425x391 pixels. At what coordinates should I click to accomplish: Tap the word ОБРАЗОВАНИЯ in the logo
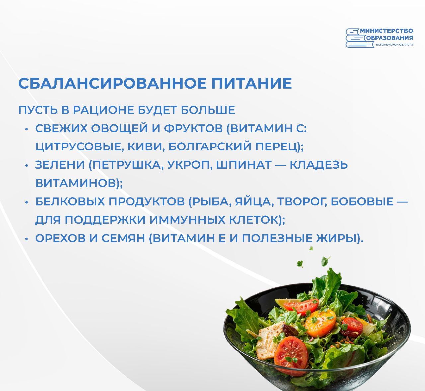(389, 38)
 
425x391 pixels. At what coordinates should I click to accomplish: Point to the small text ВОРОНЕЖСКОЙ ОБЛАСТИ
(394, 45)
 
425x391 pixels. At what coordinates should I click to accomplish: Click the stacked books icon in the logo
(359, 38)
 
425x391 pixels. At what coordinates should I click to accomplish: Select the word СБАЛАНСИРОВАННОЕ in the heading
(112, 83)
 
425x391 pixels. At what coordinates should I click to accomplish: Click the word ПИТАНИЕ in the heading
(252, 83)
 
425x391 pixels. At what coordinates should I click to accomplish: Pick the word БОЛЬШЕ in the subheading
(208, 110)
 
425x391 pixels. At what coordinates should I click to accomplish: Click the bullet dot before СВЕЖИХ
(27, 129)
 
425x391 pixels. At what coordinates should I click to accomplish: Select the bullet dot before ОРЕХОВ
(27, 239)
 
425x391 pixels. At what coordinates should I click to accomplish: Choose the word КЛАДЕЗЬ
(319, 165)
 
